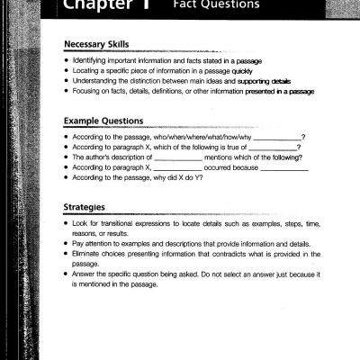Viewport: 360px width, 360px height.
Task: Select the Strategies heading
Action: (x=88, y=204)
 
